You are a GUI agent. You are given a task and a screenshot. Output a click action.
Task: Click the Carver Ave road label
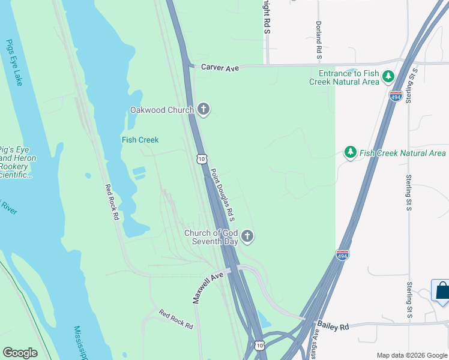[220, 68]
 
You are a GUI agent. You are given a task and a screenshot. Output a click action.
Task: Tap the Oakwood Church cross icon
[203, 109]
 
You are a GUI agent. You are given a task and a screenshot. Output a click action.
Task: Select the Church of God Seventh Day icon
[247, 236]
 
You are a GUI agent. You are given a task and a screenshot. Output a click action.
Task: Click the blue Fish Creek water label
[140, 140]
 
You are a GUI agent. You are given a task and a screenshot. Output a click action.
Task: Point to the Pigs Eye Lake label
[14, 62]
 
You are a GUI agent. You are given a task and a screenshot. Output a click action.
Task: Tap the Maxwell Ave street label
[208, 287]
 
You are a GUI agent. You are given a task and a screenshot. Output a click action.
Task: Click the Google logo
[20, 353]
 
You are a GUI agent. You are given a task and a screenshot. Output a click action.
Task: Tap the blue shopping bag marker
[442, 292]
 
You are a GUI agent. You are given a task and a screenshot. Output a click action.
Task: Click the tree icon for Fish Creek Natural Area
[351, 153]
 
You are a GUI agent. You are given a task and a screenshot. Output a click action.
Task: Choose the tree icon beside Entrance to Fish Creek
[388, 77]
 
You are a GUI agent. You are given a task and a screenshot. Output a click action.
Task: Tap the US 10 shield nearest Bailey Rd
[259, 345]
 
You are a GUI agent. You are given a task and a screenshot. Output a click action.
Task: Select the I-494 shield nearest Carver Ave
[395, 97]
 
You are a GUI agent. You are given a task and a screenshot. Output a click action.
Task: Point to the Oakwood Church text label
[162, 110]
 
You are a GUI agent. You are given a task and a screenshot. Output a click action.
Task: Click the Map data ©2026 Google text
[411, 355]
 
